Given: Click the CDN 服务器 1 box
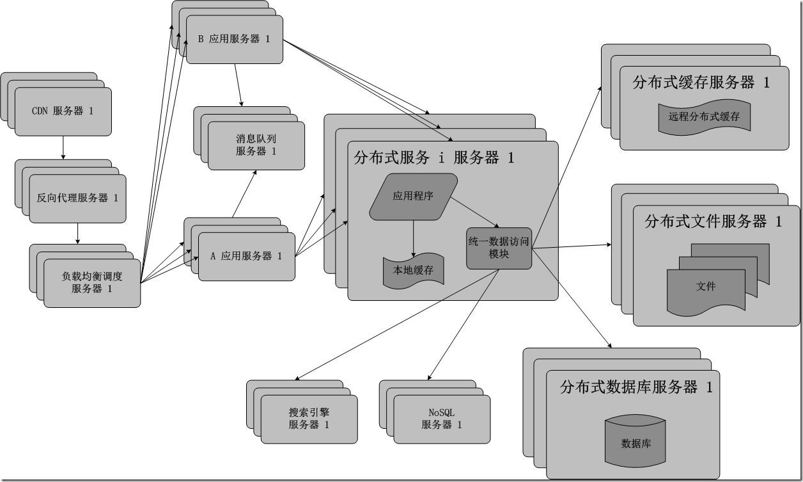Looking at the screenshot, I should (63, 111).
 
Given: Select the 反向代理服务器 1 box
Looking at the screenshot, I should (77, 198).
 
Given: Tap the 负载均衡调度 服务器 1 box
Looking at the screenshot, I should (91, 283).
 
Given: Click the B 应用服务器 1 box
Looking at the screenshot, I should (234, 39).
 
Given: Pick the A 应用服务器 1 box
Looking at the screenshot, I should (246, 256).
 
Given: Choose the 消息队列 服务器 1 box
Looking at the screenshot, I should (256, 145).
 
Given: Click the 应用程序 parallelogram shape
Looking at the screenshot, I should (413, 197).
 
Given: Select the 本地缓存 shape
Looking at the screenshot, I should (413, 271).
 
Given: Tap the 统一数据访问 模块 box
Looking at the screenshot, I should (499, 248).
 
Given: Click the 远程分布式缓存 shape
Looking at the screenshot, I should (704, 117).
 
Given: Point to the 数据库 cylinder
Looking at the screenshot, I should (635, 443).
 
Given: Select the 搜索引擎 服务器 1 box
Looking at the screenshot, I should (309, 419).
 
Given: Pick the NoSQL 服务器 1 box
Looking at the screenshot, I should (442, 419).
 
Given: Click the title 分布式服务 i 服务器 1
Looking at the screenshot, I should (433, 157).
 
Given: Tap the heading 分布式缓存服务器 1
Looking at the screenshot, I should (701, 82).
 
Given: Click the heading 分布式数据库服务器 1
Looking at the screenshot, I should (635, 387).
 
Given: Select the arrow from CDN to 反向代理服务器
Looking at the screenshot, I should (63, 147).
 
